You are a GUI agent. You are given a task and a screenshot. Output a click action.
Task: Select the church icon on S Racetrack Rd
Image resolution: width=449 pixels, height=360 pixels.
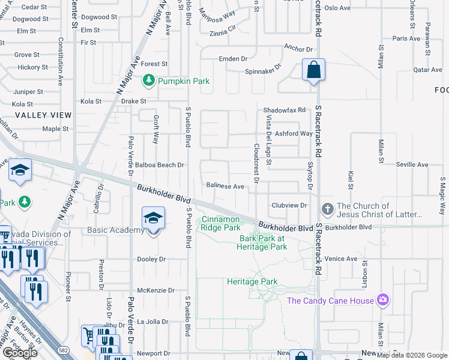(327, 209)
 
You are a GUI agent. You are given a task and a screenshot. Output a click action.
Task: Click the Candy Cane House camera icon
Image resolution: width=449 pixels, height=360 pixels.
(383, 300)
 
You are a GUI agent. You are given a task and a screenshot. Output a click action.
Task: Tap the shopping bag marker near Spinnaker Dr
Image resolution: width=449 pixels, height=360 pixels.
(313, 70)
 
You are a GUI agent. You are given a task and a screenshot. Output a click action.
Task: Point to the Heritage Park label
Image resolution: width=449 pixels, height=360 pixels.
(252, 281)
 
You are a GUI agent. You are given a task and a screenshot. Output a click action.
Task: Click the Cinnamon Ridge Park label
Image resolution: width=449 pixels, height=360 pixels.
(221, 223)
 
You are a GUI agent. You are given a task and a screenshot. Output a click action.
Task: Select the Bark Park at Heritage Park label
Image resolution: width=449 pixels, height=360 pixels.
(263, 242)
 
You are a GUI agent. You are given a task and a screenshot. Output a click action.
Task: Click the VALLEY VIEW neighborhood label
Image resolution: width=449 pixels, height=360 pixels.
(43, 115)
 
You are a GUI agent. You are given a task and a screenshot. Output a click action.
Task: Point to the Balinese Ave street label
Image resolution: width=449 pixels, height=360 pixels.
(225, 187)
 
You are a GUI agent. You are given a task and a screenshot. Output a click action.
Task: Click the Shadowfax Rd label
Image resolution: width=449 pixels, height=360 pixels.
(285, 110)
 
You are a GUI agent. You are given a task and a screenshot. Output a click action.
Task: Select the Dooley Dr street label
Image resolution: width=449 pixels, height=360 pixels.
(151, 259)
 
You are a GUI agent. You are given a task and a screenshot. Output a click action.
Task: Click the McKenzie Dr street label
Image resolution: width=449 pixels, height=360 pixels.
(155, 290)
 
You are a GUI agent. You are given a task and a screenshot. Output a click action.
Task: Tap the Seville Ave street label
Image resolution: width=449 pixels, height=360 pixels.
(412, 164)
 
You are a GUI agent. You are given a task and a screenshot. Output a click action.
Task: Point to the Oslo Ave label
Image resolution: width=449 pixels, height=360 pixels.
(337, 8)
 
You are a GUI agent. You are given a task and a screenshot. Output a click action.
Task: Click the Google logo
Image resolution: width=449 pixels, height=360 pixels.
(20, 353)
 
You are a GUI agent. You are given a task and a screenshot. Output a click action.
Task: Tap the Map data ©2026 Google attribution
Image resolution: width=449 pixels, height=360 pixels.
(411, 355)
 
